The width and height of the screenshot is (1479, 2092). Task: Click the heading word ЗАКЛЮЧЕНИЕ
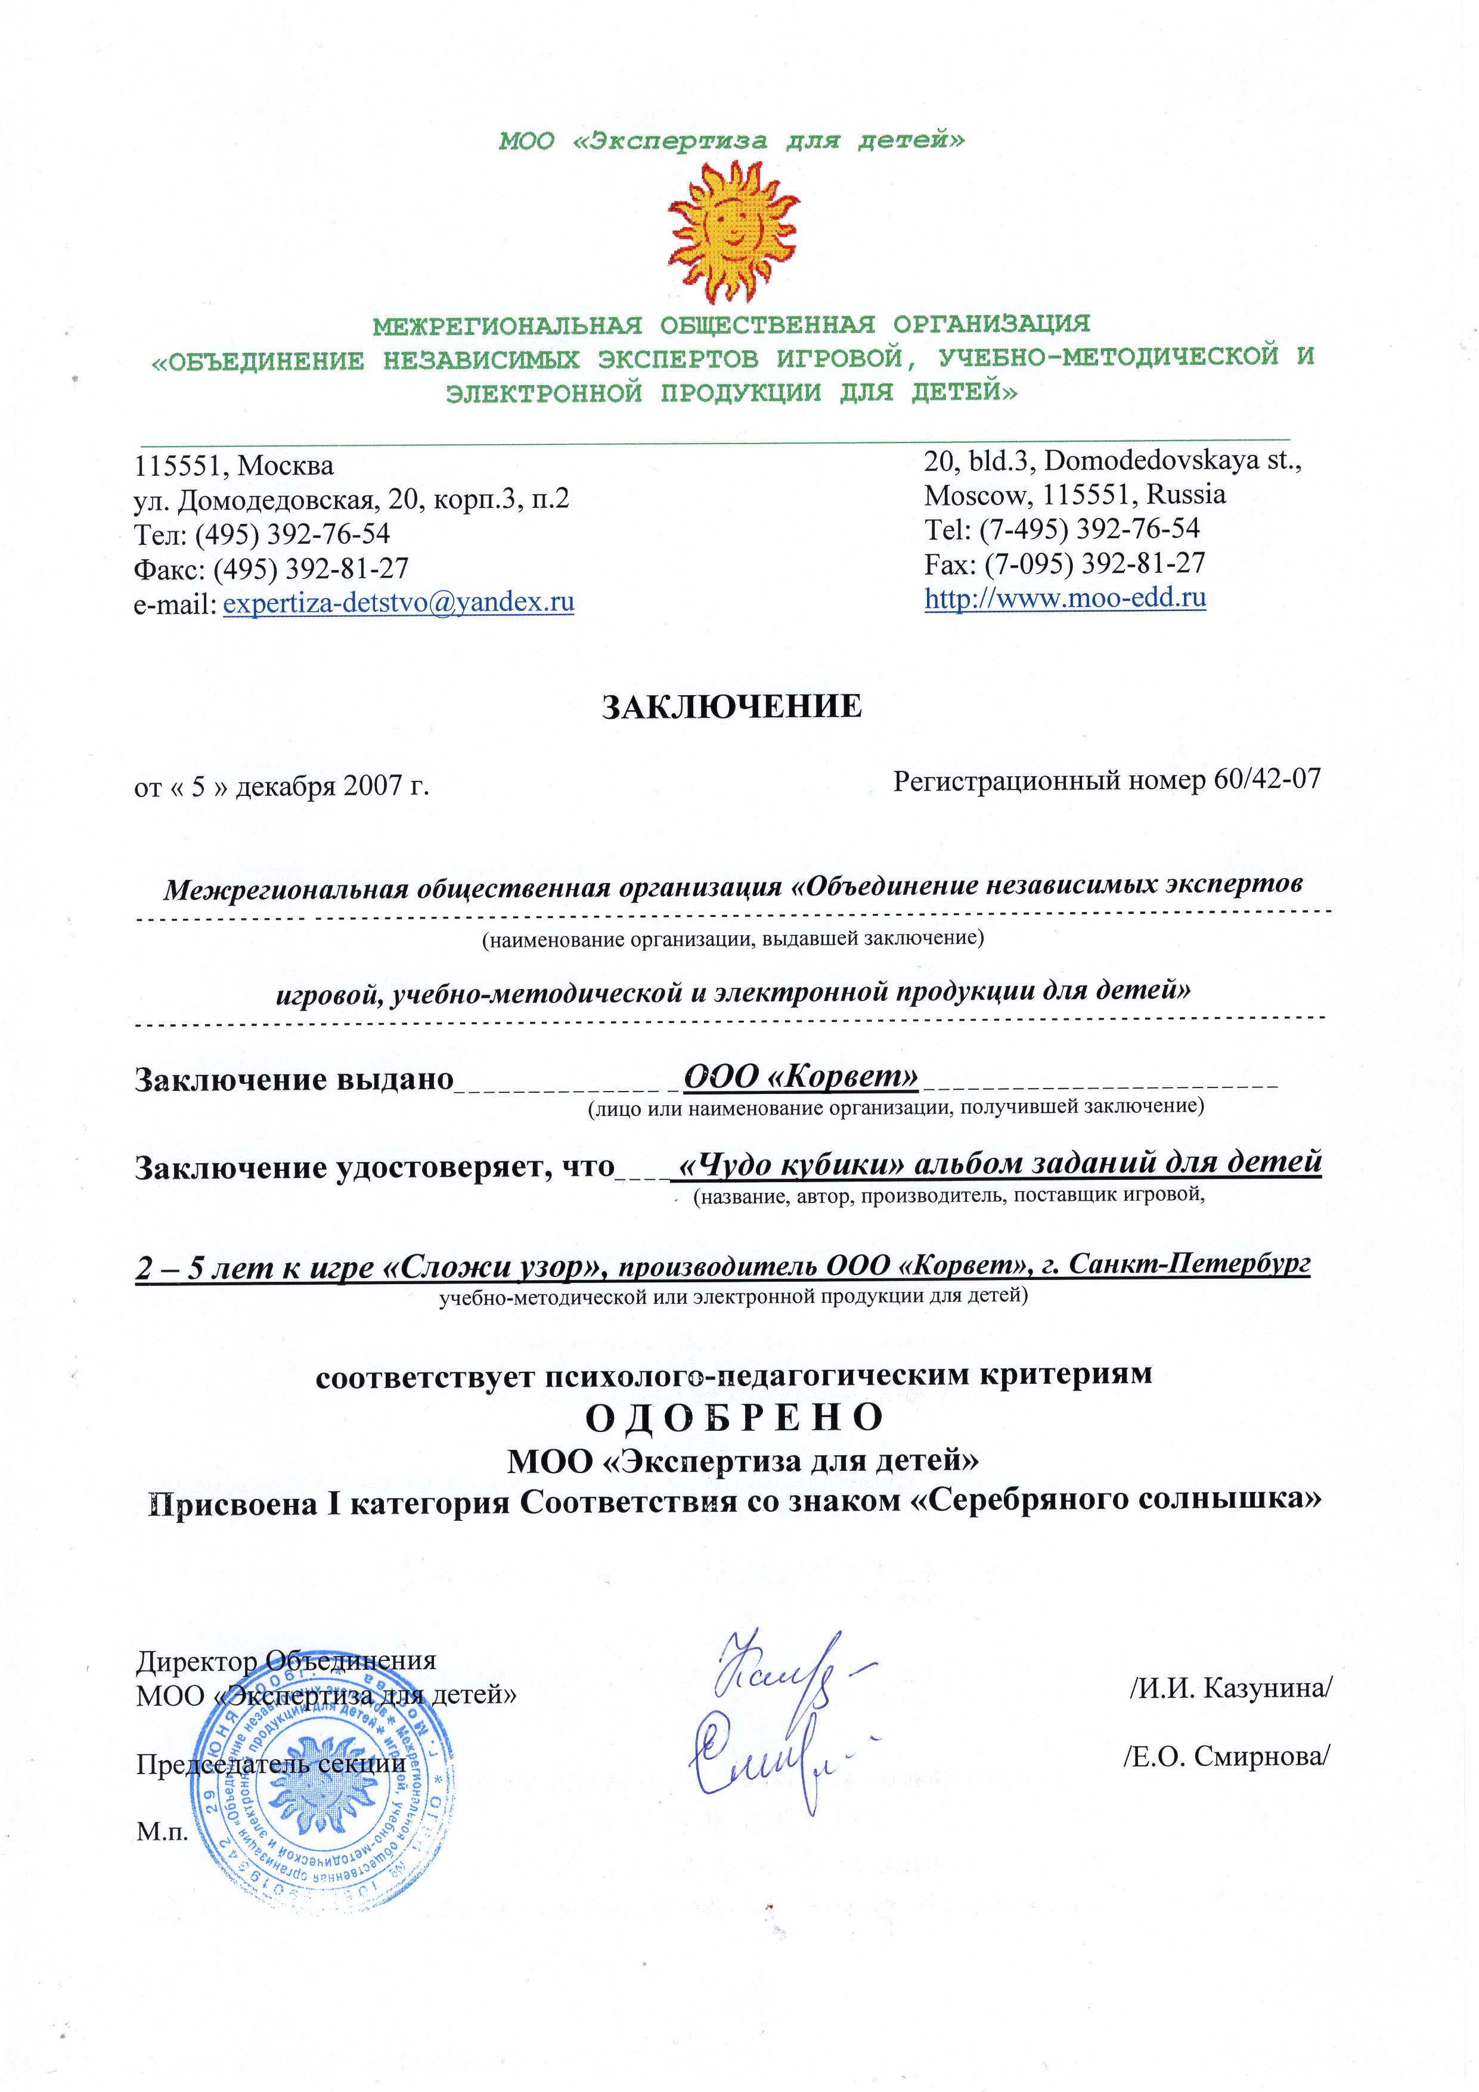pyautogui.click(x=732, y=707)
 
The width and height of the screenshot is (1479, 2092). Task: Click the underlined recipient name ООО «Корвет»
pyautogui.click(x=800, y=1076)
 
